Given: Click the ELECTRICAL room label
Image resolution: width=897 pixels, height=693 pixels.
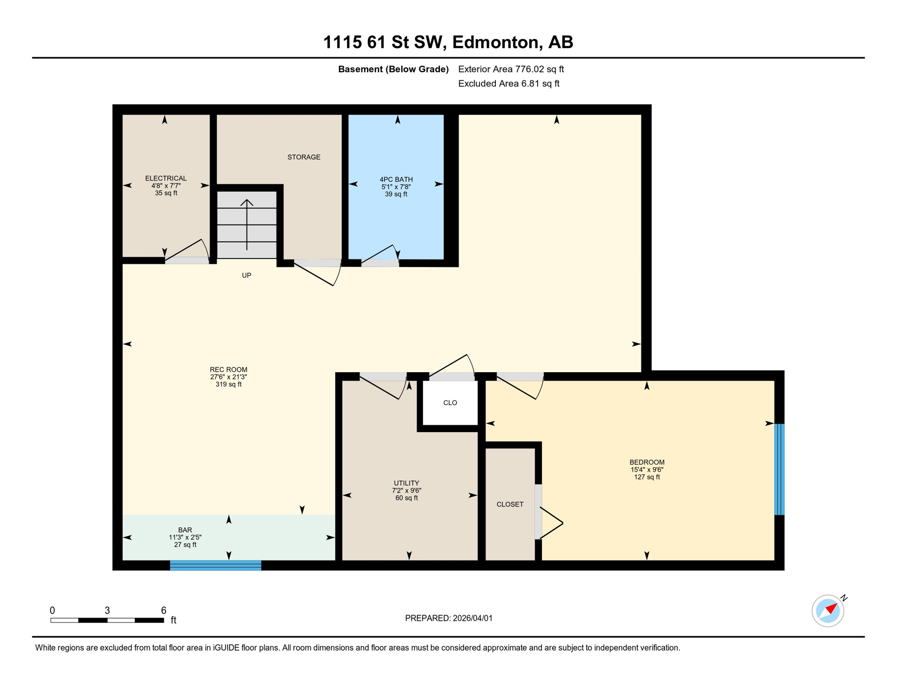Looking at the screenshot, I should click(166, 178).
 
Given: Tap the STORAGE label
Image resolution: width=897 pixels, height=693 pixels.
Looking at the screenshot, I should click(304, 157).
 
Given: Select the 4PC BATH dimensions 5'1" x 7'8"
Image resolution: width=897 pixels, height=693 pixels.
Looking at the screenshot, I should click(396, 187).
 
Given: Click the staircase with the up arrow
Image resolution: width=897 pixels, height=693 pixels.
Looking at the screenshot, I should click(247, 224).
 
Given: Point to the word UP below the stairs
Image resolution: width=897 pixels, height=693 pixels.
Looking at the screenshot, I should click(246, 275).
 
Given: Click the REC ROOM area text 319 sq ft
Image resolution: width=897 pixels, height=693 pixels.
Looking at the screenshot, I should click(228, 384).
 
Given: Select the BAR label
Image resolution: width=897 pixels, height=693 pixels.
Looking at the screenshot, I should click(185, 530).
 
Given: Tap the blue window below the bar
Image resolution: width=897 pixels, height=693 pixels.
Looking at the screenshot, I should click(215, 565).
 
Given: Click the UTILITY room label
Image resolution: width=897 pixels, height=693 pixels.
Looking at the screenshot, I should click(406, 483).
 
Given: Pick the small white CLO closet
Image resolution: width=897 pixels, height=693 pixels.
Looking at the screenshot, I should click(450, 402).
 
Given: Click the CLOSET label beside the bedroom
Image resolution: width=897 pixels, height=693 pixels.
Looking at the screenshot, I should click(510, 504).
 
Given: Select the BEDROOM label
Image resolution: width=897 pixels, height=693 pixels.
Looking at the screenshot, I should click(647, 462).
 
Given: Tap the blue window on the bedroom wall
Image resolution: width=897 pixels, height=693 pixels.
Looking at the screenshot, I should click(779, 469).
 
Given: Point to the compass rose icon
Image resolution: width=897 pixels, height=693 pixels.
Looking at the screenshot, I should click(828, 610).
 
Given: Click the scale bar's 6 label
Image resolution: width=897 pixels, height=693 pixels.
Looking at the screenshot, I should click(164, 610).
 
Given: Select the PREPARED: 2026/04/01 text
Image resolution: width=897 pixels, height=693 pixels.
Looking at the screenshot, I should click(448, 618).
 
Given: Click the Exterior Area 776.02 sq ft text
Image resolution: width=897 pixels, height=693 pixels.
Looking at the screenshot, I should click(511, 69).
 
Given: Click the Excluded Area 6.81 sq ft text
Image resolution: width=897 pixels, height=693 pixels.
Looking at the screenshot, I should click(509, 83).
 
